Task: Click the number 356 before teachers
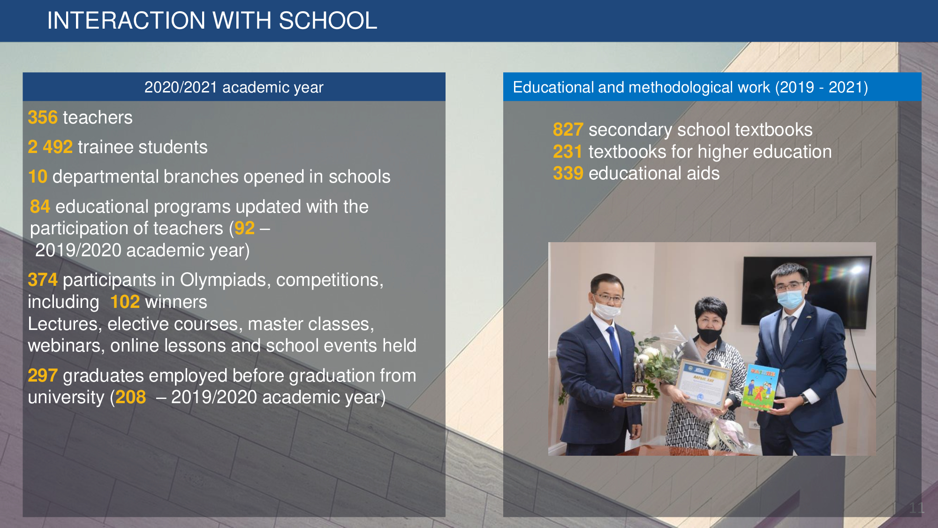pos(43,117)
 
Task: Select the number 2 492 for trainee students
pos(50,147)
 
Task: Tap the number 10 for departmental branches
pos(38,176)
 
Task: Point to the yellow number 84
pos(40,207)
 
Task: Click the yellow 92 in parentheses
pos(244,228)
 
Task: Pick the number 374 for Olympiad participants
pos(43,280)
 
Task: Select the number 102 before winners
pos(125,302)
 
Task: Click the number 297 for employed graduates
pos(43,375)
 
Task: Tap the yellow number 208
pos(131,397)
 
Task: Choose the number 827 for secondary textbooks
pos(568,130)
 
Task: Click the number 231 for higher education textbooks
pos(567,152)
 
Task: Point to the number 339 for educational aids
pos(568,173)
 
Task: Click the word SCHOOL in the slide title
pos(328,21)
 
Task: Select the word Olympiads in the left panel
pos(223,280)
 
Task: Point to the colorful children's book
pos(760,387)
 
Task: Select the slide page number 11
pos(916,508)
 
